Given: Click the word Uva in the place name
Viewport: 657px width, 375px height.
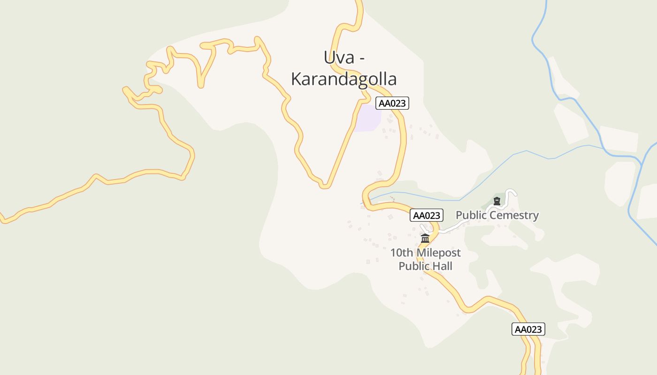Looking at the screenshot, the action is (x=337, y=58).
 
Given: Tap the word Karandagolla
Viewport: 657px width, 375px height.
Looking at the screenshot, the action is (x=344, y=79).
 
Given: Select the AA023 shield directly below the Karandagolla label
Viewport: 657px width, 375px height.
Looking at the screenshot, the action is (x=392, y=103).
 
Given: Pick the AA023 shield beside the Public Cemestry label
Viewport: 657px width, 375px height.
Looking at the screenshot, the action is (x=426, y=215).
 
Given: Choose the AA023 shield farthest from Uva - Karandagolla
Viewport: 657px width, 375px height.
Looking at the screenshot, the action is (x=528, y=329).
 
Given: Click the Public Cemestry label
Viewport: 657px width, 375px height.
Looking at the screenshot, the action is (x=497, y=215).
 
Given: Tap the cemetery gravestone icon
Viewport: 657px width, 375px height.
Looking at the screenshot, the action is (x=497, y=202).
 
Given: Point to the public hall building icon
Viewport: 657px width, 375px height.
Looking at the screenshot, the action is (x=425, y=238).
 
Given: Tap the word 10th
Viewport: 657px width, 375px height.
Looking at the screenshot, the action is (x=402, y=253).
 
